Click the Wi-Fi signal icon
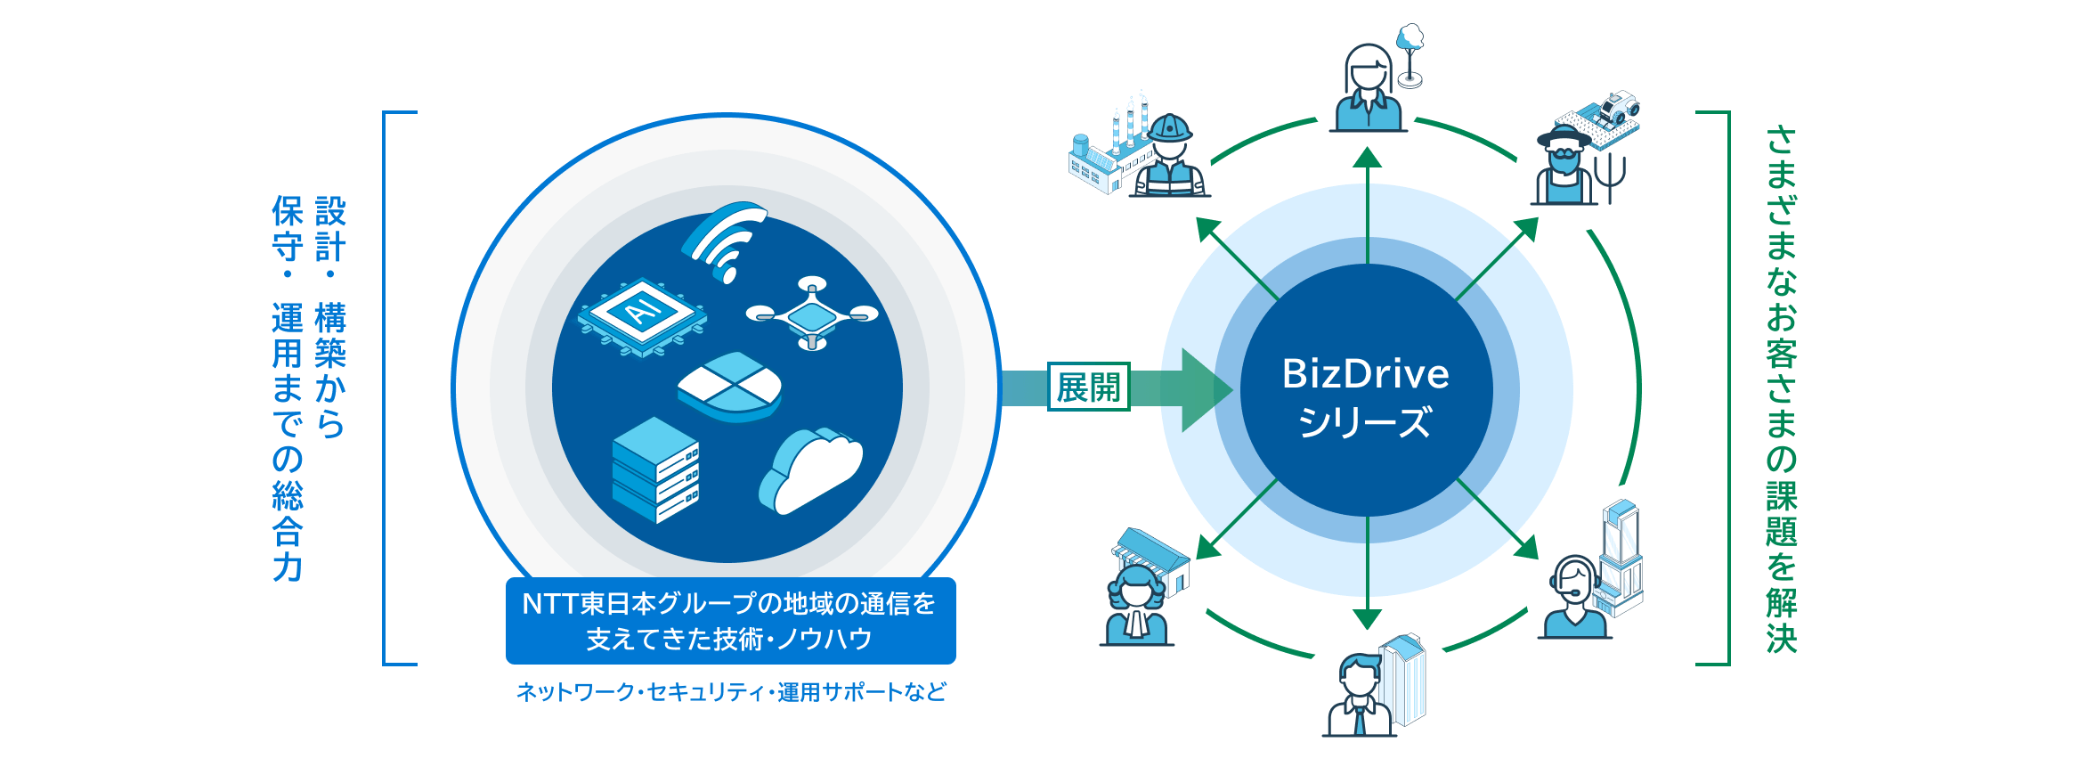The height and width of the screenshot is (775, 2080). tap(725, 241)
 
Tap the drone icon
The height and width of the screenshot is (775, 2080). tap(812, 314)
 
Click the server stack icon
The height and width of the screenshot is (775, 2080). tap(655, 469)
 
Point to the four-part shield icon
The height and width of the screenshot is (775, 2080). tap(730, 387)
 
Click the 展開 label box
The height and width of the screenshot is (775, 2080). tap(1088, 387)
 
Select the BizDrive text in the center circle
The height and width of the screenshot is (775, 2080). tap(1365, 374)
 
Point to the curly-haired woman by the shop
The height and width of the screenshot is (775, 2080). tap(1137, 606)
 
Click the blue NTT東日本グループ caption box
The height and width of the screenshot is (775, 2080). tap(730, 621)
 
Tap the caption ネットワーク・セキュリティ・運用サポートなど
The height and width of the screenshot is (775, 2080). tap(730, 692)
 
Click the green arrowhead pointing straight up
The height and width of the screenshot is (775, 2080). tap(1367, 159)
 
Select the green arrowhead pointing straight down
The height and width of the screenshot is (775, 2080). tap(1367, 619)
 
